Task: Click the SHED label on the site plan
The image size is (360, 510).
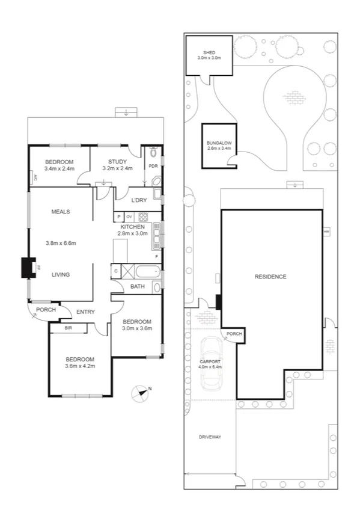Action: pyautogui.click(x=209, y=53)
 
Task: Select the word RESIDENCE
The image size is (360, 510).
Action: pyautogui.click(x=270, y=277)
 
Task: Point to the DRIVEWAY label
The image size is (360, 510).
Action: pyautogui.click(x=210, y=437)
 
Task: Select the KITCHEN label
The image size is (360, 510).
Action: pyautogui.click(x=133, y=227)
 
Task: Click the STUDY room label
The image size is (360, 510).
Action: pyautogui.click(x=117, y=162)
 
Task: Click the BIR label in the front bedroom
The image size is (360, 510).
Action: pyautogui.click(x=69, y=328)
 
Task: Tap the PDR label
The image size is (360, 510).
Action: pyautogui.click(x=153, y=167)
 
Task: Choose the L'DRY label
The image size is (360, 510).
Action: pyautogui.click(x=140, y=200)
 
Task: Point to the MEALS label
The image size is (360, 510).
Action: pyautogui.click(x=61, y=212)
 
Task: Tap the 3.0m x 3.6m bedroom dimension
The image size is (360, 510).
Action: pyautogui.click(x=137, y=328)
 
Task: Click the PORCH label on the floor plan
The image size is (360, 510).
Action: pyautogui.click(x=46, y=310)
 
